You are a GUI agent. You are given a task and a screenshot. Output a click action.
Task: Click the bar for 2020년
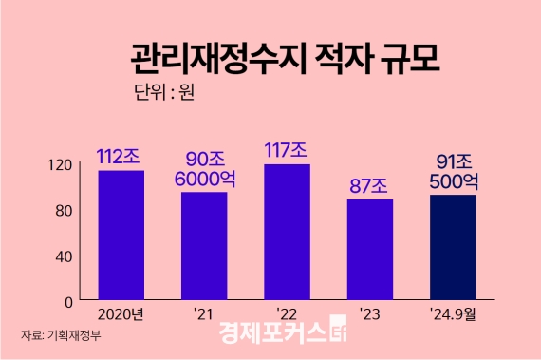tap(121, 235)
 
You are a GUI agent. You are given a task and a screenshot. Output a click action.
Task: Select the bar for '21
tap(204, 246)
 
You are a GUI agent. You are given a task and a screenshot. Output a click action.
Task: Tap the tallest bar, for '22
tap(287, 233)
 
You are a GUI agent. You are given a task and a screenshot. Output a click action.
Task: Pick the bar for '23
tap(369, 250)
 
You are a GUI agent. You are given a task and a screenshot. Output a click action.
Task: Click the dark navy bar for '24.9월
tap(452, 247)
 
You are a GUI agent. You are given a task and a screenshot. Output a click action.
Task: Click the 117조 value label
tap(287, 150)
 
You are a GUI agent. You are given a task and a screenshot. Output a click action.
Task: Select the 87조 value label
tap(369, 184)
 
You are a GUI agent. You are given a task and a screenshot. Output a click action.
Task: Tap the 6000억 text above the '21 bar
tap(204, 178)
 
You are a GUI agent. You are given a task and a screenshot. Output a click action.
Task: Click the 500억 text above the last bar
tap(452, 180)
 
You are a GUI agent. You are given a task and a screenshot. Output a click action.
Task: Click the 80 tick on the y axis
tap(65, 210)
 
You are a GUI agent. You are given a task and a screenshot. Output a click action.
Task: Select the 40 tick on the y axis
tap(65, 256)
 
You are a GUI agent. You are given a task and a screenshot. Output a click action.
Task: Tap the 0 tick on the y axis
tap(69, 301)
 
